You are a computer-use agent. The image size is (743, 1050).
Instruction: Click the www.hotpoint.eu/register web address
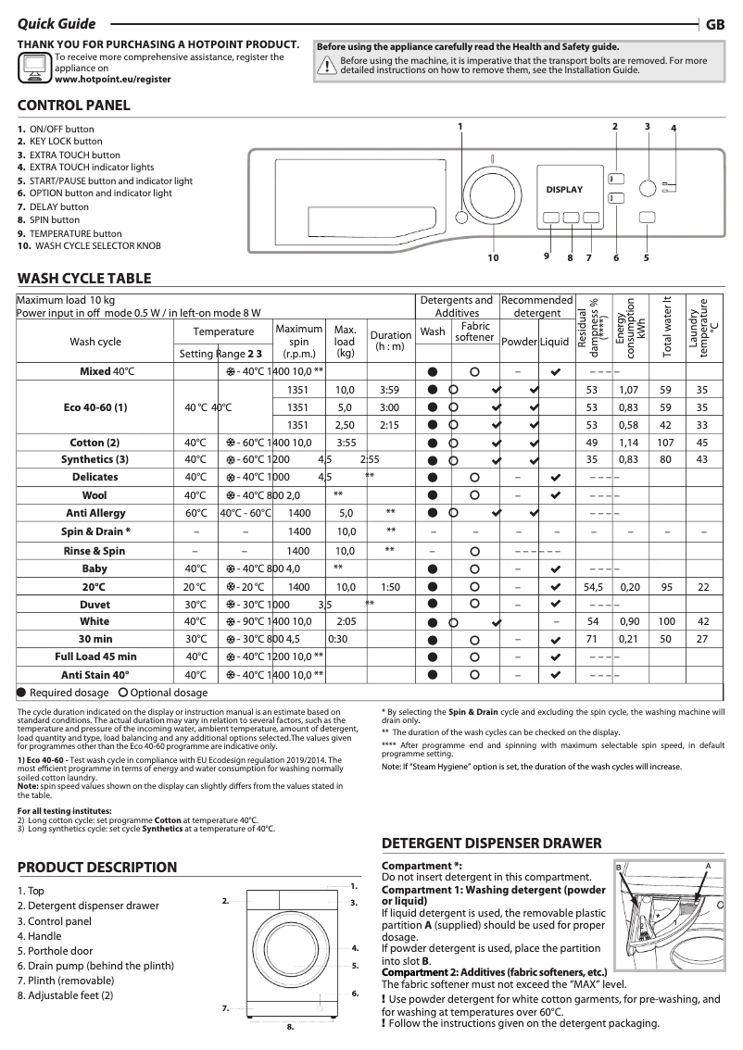click(x=113, y=80)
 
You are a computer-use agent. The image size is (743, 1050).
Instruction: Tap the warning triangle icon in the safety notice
click(x=326, y=65)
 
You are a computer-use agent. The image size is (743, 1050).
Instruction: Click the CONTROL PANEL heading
click(x=74, y=106)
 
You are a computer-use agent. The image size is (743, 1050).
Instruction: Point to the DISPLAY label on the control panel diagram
click(x=564, y=190)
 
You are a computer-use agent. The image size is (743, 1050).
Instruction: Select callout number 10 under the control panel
click(x=493, y=257)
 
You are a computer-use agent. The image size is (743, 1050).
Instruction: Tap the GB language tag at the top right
click(x=715, y=25)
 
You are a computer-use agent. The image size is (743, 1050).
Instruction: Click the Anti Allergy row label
click(x=95, y=512)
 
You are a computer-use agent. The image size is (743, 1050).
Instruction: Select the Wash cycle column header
click(x=95, y=342)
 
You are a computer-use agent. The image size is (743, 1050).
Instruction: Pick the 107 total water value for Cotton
click(x=662, y=443)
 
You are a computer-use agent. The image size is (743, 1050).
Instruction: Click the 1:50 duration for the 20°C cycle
click(x=390, y=587)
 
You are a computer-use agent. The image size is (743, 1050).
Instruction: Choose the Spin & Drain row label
click(x=95, y=531)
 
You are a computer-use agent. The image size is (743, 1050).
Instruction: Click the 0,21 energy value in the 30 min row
click(x=629, y=639)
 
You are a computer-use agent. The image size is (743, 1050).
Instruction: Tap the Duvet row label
click(x=95, y=604)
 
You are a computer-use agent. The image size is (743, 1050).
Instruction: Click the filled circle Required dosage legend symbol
click(x=22, y=693)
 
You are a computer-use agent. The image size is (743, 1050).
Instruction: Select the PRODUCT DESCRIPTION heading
click(x=97, y=868)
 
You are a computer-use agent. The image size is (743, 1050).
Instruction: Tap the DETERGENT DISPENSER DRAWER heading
click(x=492, y=844)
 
